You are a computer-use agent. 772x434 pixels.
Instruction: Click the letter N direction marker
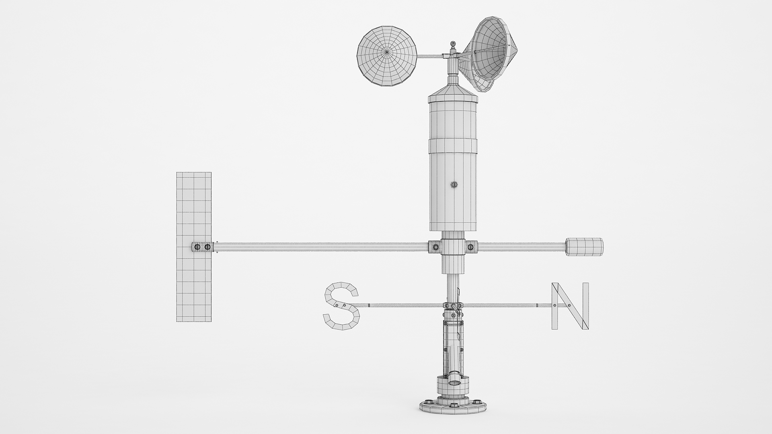570,306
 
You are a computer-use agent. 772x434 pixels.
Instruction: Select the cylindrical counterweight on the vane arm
584,246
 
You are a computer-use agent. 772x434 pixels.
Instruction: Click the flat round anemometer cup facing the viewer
387,56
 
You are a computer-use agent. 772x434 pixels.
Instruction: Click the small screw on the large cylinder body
454,185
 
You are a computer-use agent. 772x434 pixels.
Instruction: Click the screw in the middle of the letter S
344,306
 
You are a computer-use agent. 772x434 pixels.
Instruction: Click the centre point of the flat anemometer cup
387,52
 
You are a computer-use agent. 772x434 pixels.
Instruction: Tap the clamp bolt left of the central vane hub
435,246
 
